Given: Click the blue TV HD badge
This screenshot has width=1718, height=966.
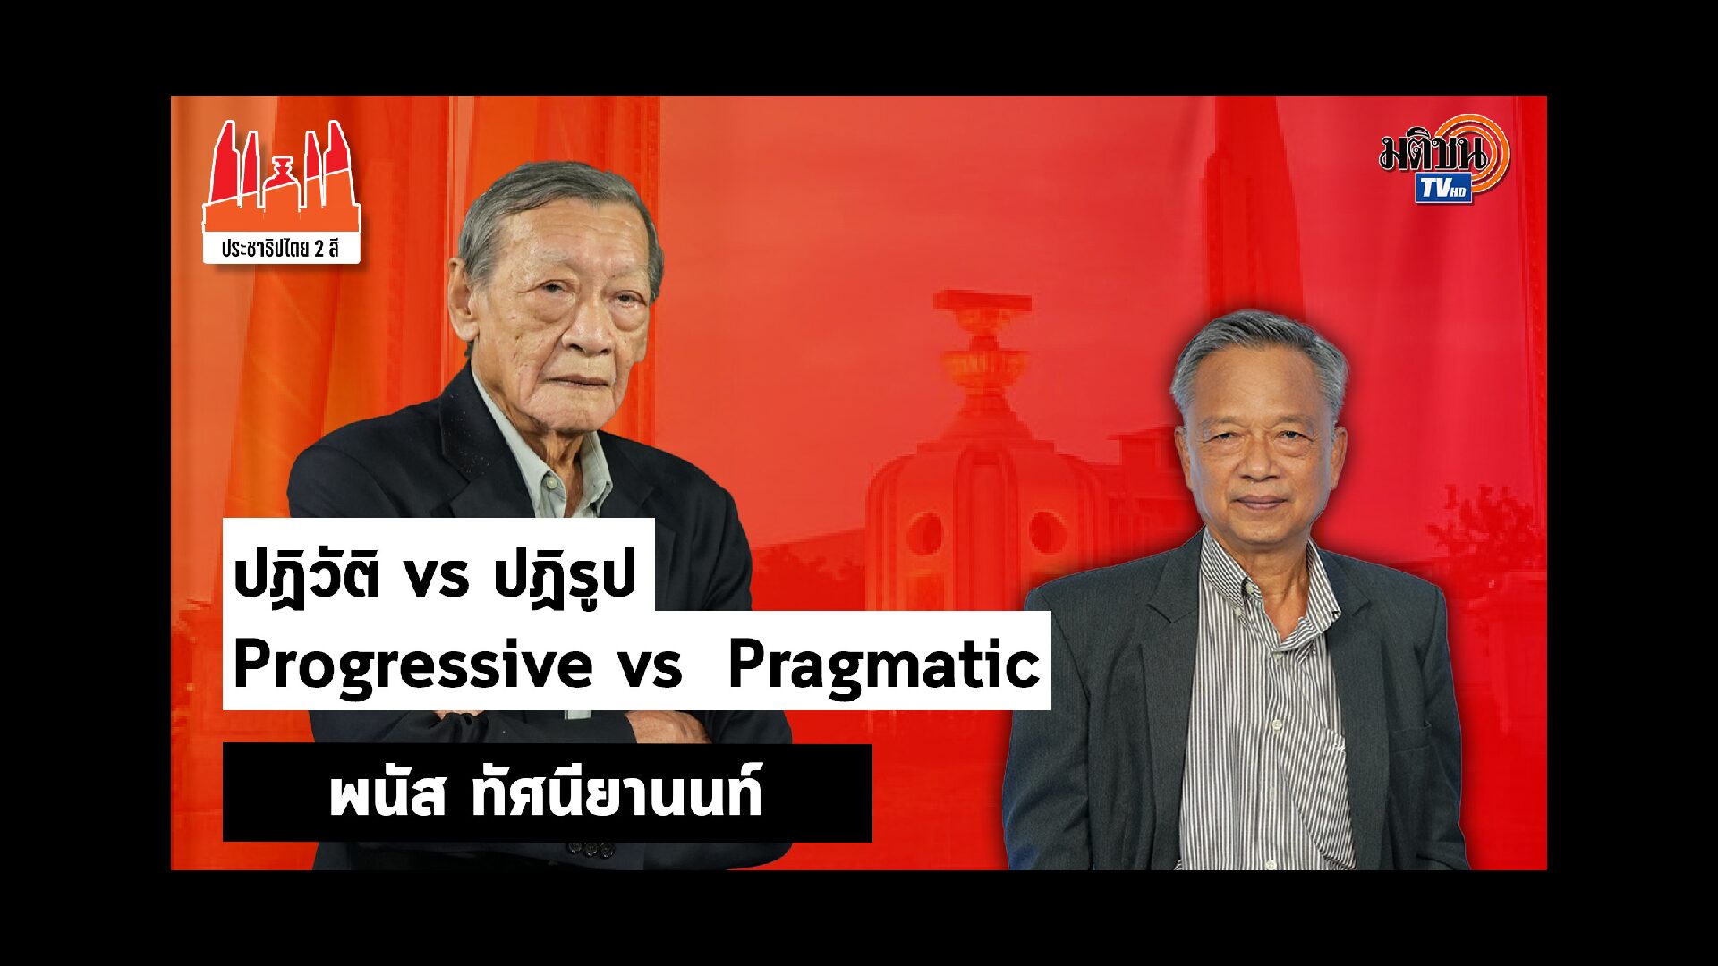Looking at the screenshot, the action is pyautogui.click(x=1443, y=189).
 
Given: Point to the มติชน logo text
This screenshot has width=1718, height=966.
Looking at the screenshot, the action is pyautogui.click(x=1433, y=153).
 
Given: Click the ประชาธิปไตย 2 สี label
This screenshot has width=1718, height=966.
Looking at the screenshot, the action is pyautogui.click(x=281, y=248).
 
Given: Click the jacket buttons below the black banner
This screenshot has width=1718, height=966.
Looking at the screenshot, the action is pyautogui.click(x=588, y=848).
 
